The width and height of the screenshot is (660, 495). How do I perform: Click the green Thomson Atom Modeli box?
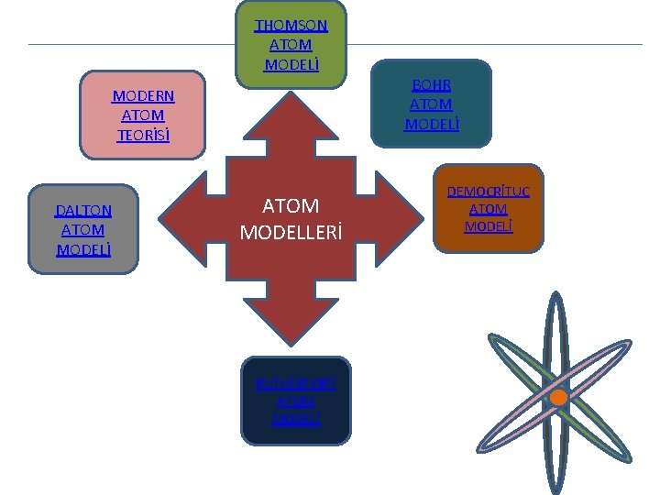click(291, 44)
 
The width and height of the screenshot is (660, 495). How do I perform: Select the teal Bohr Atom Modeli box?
click(432, 104)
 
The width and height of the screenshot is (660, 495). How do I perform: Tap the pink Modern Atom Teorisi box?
click(142, 115)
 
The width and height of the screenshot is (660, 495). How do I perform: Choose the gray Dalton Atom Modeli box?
click(83, 229)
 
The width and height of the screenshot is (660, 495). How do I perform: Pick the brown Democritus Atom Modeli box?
click(489, 208)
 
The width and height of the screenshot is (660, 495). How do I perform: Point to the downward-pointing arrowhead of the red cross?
click(291, 326)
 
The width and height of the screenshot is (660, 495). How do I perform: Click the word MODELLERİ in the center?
click(291, 233)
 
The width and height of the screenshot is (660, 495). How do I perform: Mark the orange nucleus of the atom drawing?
click(558, 397)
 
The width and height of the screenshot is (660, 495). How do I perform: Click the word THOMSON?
click(291, 26)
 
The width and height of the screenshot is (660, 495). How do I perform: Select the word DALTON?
click(83, 211)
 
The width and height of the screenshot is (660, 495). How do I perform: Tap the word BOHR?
click(432, 84)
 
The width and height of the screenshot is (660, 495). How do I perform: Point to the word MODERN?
click(143, 96)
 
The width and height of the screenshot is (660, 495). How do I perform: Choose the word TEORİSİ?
click(143, 135)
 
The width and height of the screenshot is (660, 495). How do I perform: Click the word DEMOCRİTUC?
click(489, 192)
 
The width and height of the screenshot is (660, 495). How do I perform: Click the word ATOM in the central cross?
click(291, 206)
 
